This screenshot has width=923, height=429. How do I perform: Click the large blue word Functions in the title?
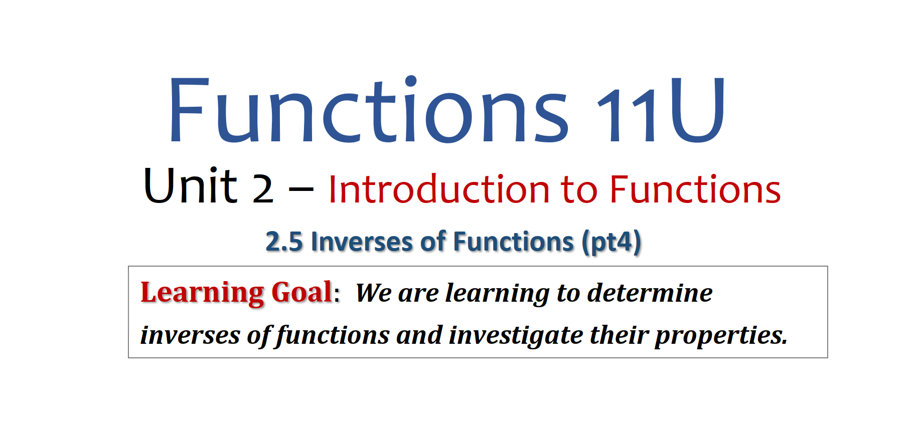pyautogui.click(x=369, y=110)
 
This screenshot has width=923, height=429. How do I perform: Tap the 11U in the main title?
pyautogui.click(x=661, y=110)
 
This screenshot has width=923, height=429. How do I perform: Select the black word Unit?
pyautogui.click(x=190, y=185)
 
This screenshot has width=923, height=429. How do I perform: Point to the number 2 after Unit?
pyautogui.click(x=263, y=189)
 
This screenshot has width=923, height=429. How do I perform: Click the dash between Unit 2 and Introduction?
pyautogui.click(x=301, y=189)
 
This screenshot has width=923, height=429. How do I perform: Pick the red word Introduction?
pyautogui.click(x=439, y=189)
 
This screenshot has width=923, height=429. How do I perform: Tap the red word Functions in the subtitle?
pyautogui.click(x=695, y=189)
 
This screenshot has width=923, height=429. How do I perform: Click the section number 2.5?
pyautogui.click(x=284, y=242)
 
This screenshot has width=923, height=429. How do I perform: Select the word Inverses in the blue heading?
pyautogui.click(x=361, y=242)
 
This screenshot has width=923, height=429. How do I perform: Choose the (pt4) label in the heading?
pyautogui.click(x=611, y=243)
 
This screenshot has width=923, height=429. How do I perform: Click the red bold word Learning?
pyautogui.click(x=202, y=293)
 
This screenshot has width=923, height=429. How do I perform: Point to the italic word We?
pyautogui.click(x=373, y=293)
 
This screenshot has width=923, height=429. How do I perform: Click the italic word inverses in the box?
pyautogui.click(x=190, y=335)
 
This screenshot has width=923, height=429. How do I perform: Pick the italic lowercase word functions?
pyautogui.click(x=333, y=335)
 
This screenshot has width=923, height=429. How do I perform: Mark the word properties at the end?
pyautogui.click(x=721, y=336)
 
